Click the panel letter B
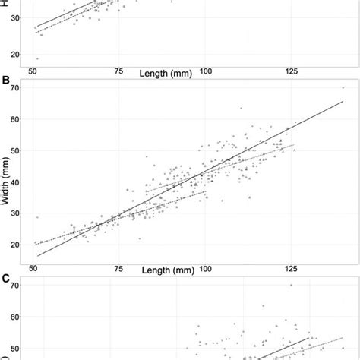point(7,80)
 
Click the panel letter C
point(7,278)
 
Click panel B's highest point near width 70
point(343,88)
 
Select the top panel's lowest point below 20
point(37,58)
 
